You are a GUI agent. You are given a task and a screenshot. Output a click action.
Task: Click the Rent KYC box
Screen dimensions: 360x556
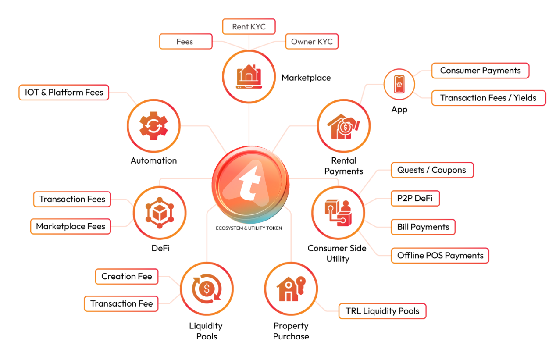[x=249, y=27]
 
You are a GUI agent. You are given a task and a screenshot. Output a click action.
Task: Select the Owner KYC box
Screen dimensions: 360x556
[x=312, y=42]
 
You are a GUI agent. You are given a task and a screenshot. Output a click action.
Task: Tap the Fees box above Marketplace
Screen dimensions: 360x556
[x=185, y=42]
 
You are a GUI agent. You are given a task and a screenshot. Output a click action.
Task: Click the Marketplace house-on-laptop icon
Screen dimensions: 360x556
[x=249, y=76]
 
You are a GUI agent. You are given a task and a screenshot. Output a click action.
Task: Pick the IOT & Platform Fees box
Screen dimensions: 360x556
[x=64, y=93]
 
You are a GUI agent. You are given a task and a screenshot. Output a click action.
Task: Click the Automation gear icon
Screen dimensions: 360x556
[x=153, y=125]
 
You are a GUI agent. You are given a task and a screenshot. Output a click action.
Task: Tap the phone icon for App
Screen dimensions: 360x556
[x=399, y=84]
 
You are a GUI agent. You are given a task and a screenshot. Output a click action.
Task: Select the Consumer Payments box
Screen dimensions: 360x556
[x=480, y=71]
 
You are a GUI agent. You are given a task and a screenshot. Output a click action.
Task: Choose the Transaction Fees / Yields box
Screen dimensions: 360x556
[x=488, y=98]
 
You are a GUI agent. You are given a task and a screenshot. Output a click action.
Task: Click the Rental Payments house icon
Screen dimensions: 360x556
[x=343, y=126]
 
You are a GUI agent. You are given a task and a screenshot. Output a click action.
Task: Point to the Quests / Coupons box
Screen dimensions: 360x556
[x=431, y=170]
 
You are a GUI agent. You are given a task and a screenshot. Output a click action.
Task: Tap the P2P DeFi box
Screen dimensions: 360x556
[x=415, y=198]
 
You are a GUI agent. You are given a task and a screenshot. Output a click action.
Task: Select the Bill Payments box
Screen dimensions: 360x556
[x=423, y=227]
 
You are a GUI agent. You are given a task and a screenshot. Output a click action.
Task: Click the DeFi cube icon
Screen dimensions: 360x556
[x=159, y=213]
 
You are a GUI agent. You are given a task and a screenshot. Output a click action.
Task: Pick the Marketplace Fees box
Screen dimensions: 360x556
[x=71, y=227]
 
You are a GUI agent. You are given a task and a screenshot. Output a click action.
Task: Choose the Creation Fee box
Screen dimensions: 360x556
[x=127, y=277]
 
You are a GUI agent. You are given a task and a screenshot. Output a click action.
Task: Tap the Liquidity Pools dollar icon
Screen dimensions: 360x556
[x=207, y=289]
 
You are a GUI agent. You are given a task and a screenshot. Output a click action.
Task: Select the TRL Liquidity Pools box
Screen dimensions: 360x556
[x=382, y=311]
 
